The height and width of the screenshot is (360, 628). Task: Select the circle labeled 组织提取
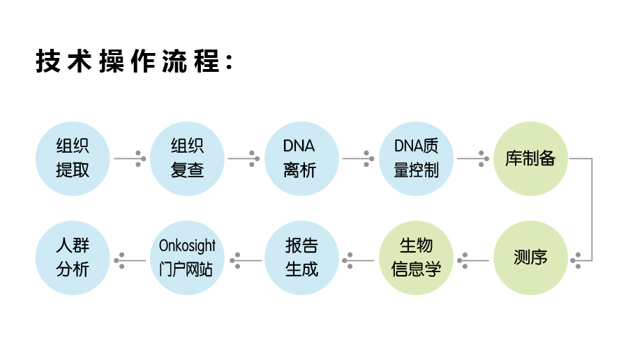pyautogui.click(x=73, y=158)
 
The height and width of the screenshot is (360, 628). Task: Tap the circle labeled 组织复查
pyautogui.click(x=187, y=158)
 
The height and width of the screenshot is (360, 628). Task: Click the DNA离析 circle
pyautogui.click(x=301, y=158)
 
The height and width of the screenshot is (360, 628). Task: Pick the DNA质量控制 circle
pyautogui.click(x=416, y=158)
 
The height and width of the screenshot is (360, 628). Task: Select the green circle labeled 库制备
pyautogui.click(x=530, y=158)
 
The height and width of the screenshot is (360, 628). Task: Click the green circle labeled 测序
pyautogui.click(x=530, y=257)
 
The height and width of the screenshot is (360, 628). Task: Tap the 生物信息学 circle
pyautogui.click(x=416, y=257)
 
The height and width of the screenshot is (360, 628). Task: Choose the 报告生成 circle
pyautogui.click(x=301, y=257)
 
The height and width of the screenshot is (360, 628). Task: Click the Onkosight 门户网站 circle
pyautogui.click(x=187, y=257)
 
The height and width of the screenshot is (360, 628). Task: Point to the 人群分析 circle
pyautogui.click(x=73, y=257)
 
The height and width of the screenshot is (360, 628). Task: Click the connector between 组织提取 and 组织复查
pyautogui.click(x=130, y=158)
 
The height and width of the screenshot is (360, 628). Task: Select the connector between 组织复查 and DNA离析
pyautogui.click(x=244, y=158)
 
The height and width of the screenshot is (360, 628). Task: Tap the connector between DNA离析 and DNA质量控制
pyautogui.click(x=359, y=158)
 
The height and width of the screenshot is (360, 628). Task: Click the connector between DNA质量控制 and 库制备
pyautogui.click(x=473, y=158)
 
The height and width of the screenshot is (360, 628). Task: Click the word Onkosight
pyautogui.click(x=187, y=246)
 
